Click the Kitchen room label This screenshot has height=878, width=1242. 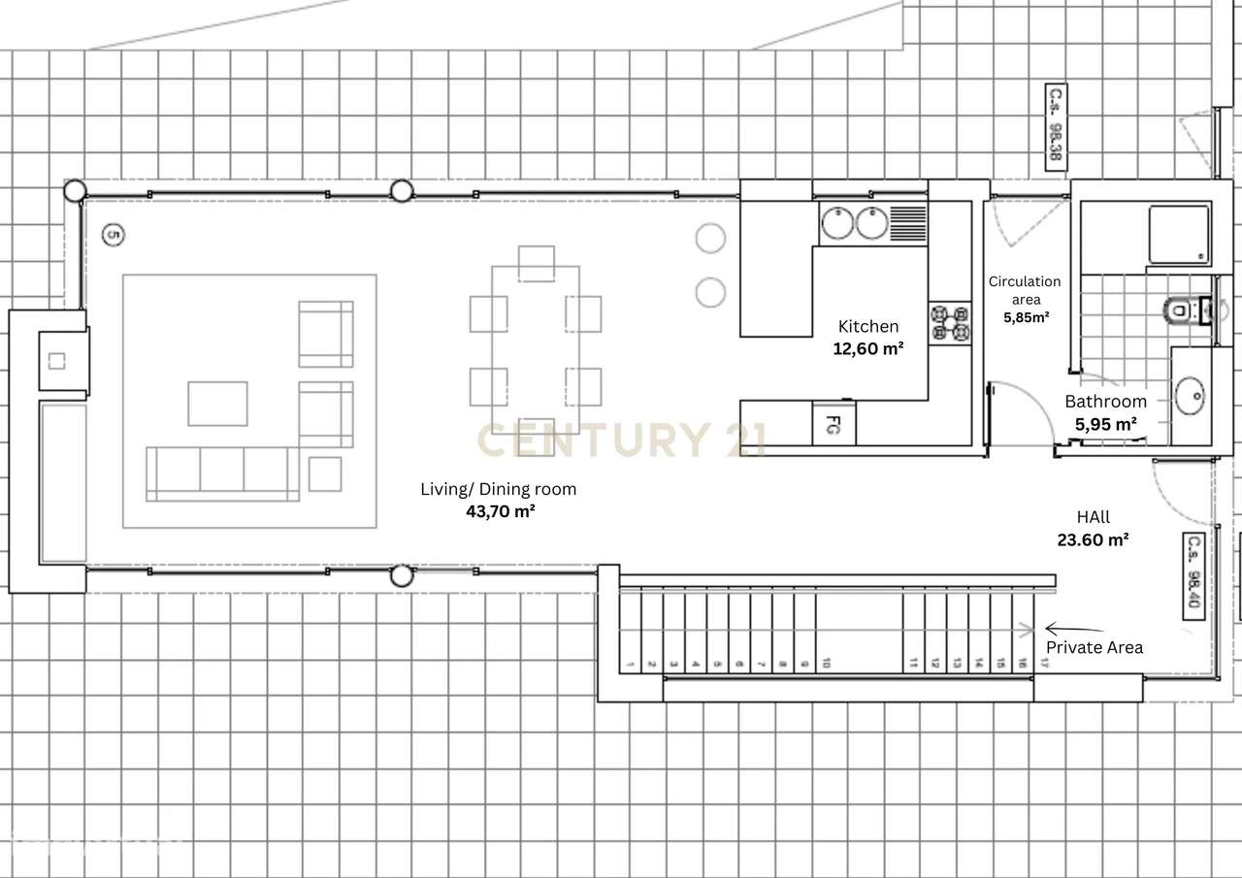(868, 327)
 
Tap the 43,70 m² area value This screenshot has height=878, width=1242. (500, 511)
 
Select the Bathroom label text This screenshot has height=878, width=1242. (1105, 402)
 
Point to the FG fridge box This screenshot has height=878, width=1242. (833, 424)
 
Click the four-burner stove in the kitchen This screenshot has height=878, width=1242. (950, 323)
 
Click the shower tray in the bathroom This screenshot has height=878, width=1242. (1179, 234)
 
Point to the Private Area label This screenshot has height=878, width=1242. (1094, 647)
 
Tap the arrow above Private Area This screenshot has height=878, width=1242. (1073, 630)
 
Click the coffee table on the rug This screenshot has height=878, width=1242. (217, 404)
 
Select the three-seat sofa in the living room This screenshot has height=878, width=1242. (222, 473)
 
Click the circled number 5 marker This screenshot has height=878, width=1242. (114, 235)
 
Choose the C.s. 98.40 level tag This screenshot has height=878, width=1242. (1193, 575)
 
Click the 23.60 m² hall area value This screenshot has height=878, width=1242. (1093, 540)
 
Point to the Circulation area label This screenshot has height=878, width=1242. (1025, 290)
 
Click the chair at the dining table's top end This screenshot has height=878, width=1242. (536, 263)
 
